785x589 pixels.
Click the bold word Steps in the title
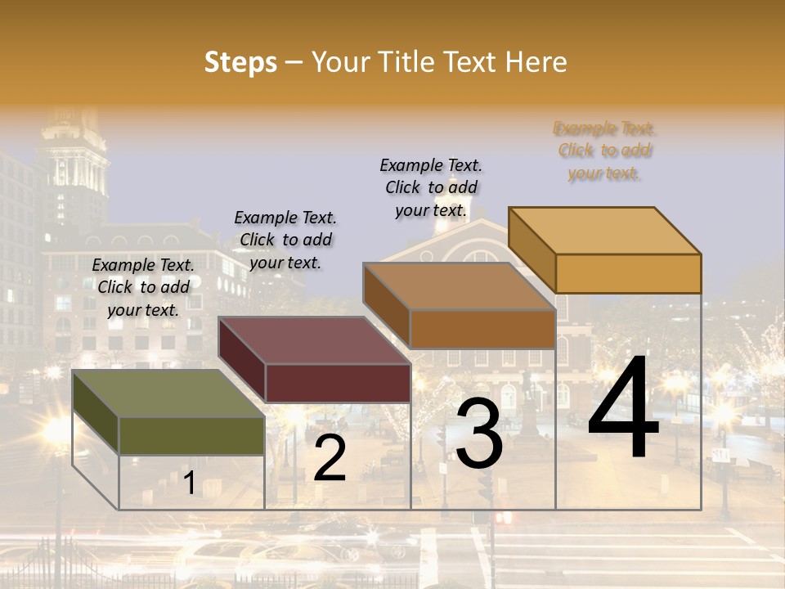240,62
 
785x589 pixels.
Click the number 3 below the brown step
479,434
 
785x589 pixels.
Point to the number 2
330,459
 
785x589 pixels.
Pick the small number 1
189,483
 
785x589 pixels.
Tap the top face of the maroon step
314,340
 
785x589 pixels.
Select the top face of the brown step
459,286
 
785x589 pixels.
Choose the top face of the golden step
605,230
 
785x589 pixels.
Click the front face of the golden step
628,273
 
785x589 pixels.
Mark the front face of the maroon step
338,383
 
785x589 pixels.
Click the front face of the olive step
191,435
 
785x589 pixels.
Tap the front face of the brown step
482,329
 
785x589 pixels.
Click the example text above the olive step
143,287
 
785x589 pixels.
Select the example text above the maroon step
285,240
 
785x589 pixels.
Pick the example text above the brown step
431,187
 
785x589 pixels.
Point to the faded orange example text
604,151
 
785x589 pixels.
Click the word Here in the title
536,62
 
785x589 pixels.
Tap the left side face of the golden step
532,250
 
